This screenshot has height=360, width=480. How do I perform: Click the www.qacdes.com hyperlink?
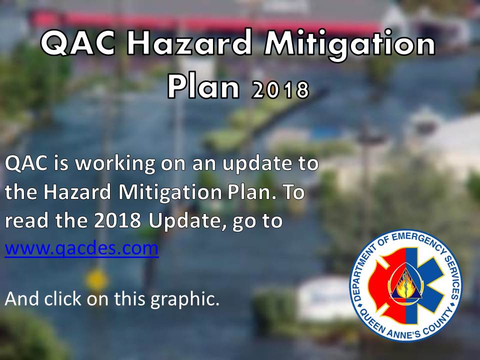(x=81, y=248)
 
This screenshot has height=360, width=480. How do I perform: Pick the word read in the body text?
(x=24, y=221)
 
